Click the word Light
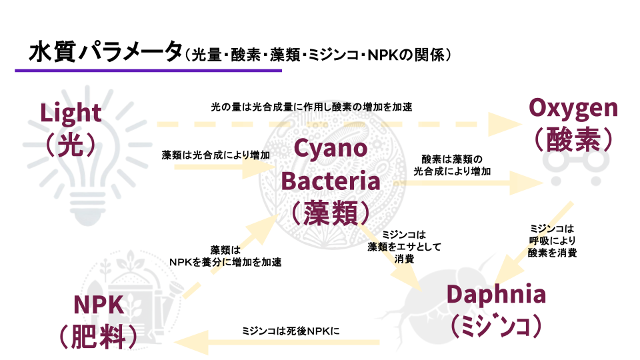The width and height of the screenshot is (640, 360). click(x=71, y=113)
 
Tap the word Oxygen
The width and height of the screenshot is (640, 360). click(x=573, y=108)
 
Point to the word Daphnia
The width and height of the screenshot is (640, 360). click(x=496, y=294)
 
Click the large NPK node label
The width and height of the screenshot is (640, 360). click(x=98, y=305)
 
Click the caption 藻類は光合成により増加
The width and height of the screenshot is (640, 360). click(x=216, y=155)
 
